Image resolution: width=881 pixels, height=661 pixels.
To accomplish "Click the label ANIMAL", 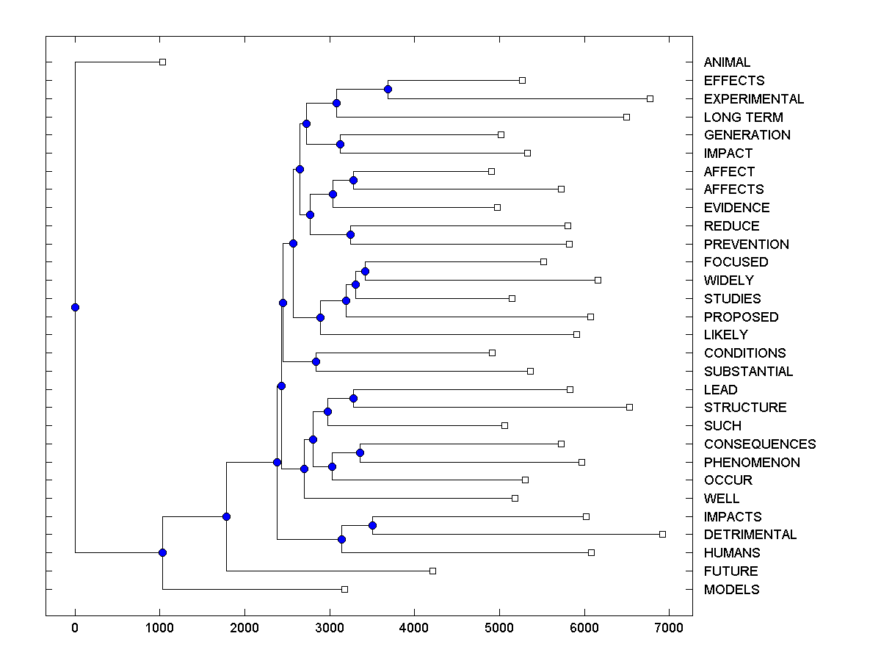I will pyautogui.click(x=727, y=62).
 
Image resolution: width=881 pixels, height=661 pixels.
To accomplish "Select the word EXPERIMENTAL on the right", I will pyautogui.click(x=753, y=99).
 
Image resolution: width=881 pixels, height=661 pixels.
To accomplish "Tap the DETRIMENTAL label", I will pyautogui.click(x=750, y=535).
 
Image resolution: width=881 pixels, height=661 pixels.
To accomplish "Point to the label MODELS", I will pyautogui.click(x=731, y=590).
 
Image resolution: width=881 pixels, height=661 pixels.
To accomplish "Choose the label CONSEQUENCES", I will pyautogui.click(x=759, y=444).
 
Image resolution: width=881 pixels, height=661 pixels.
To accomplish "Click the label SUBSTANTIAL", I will pyautogui.click(x=748, y=372).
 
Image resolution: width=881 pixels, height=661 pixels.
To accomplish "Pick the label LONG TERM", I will pyautogui.click(x=743, y=118).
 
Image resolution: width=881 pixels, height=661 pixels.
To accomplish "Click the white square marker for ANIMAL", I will pyautogui.click(x=162, y=62).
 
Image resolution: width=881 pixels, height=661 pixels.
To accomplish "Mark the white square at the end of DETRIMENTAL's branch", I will pyautogui.click(x=662, y=534).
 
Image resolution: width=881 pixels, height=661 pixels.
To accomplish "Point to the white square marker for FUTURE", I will pyautogui.click(x=432, y=571).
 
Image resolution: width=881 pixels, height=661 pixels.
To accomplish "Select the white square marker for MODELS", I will pyautogui.click(x=344, y=589).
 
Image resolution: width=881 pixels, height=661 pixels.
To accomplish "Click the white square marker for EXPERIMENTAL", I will pyautogui.click(x=650, y=98).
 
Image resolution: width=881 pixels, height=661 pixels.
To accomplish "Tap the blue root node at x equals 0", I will pyautogui.click(x=75, y=307).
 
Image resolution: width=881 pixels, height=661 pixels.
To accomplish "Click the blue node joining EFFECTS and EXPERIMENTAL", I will pyautogui.click(x=388, y=89).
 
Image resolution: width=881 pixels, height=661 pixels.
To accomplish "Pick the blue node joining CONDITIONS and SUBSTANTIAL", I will pyautogui.click(x=316, y=361).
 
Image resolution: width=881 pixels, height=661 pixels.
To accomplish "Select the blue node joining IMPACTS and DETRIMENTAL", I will pyautogui.click(x=372, y=525).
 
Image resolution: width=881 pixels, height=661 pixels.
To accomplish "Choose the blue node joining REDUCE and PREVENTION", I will pyautogui.click(x=350, y=234).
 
